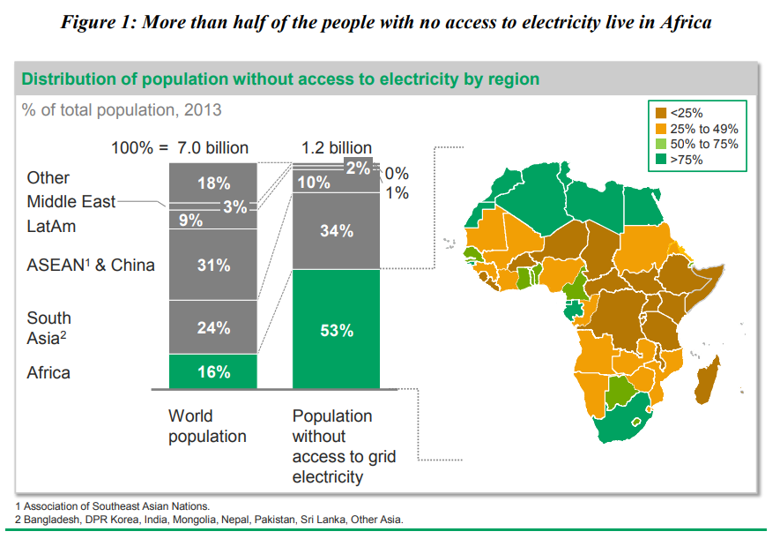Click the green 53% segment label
(336, 330)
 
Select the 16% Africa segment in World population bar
(213, 372)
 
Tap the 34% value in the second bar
(336, 231)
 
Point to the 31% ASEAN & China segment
(213, 265)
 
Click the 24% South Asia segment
(213, 327)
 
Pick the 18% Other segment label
(213, 183)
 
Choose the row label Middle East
(71, 202)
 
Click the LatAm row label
(51, 227)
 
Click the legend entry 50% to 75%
(703, 144)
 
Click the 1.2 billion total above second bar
(337, 147)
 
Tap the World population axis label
(207, 426)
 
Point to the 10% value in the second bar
(313, 183)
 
